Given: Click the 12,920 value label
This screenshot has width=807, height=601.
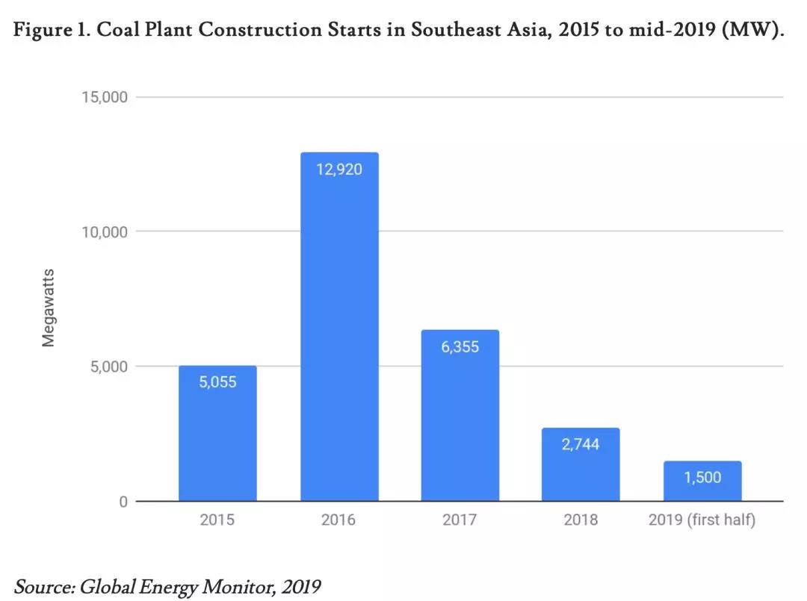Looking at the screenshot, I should click(339, 169).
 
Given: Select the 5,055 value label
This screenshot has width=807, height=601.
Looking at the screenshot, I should click(217, 382).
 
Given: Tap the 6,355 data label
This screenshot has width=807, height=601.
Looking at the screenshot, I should click(460, 346).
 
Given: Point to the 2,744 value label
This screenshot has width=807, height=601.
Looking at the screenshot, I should click(581, 444).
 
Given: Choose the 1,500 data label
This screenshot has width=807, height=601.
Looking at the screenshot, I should click(702, 477).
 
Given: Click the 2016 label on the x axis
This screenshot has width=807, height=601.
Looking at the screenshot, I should click(338, 520).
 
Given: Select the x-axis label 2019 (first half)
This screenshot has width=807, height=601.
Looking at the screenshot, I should click(702, 520).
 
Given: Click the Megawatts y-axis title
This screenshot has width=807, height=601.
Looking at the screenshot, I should click(49, 307).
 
